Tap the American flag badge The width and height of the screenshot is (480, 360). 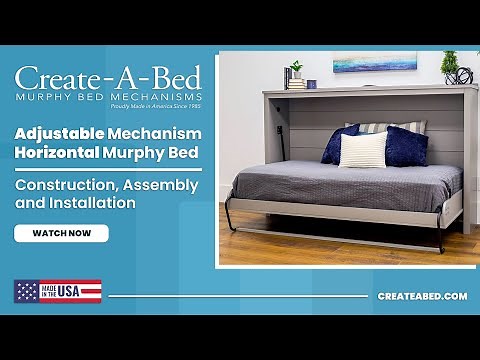57,291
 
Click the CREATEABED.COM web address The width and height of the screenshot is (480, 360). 422,296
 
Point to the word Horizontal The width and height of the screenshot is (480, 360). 55,153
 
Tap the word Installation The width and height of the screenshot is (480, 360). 92,203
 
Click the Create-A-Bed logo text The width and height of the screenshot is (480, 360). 108,78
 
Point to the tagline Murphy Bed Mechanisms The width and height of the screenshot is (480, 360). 108,96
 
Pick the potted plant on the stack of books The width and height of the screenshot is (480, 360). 296,70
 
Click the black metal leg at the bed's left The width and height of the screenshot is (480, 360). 231,215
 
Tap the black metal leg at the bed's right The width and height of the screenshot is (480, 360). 441,239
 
